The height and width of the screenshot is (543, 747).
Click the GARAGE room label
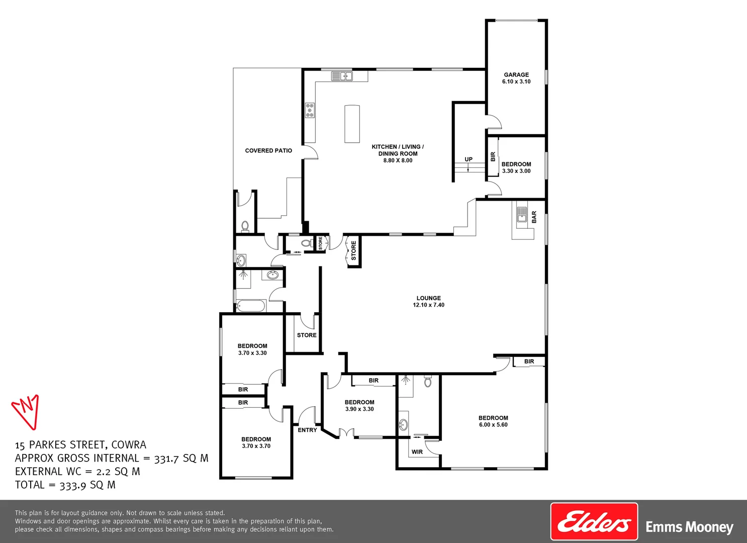(x=516, y=75)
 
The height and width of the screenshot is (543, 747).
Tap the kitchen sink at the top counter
(x=342, y=76)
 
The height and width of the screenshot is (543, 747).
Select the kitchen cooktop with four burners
(x=310, y=111)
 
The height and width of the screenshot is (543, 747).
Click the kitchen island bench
(x=352, y=124)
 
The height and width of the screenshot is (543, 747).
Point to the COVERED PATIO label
(x=268, y=151)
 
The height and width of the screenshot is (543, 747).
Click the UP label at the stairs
(x=469, y=159)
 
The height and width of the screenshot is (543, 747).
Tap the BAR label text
(x=534, y=217)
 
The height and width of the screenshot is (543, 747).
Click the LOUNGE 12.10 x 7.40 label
(x=429, y=302)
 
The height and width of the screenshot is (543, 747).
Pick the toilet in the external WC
(x=245, y=226)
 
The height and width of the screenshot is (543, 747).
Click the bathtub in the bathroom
(x=251, y=306)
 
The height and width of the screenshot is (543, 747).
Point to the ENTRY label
(x=307, y=430)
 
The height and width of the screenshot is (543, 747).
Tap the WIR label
(x=417, y=452)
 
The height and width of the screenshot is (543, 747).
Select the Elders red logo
(x=594, y=521)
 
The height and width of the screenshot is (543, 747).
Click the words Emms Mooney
(x=689, y=527)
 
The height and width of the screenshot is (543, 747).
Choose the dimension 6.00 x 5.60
(x=493, y=425)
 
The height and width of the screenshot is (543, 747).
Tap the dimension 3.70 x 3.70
(x=256, y=446)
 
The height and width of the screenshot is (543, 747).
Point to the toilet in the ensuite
(x=428, y=382)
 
